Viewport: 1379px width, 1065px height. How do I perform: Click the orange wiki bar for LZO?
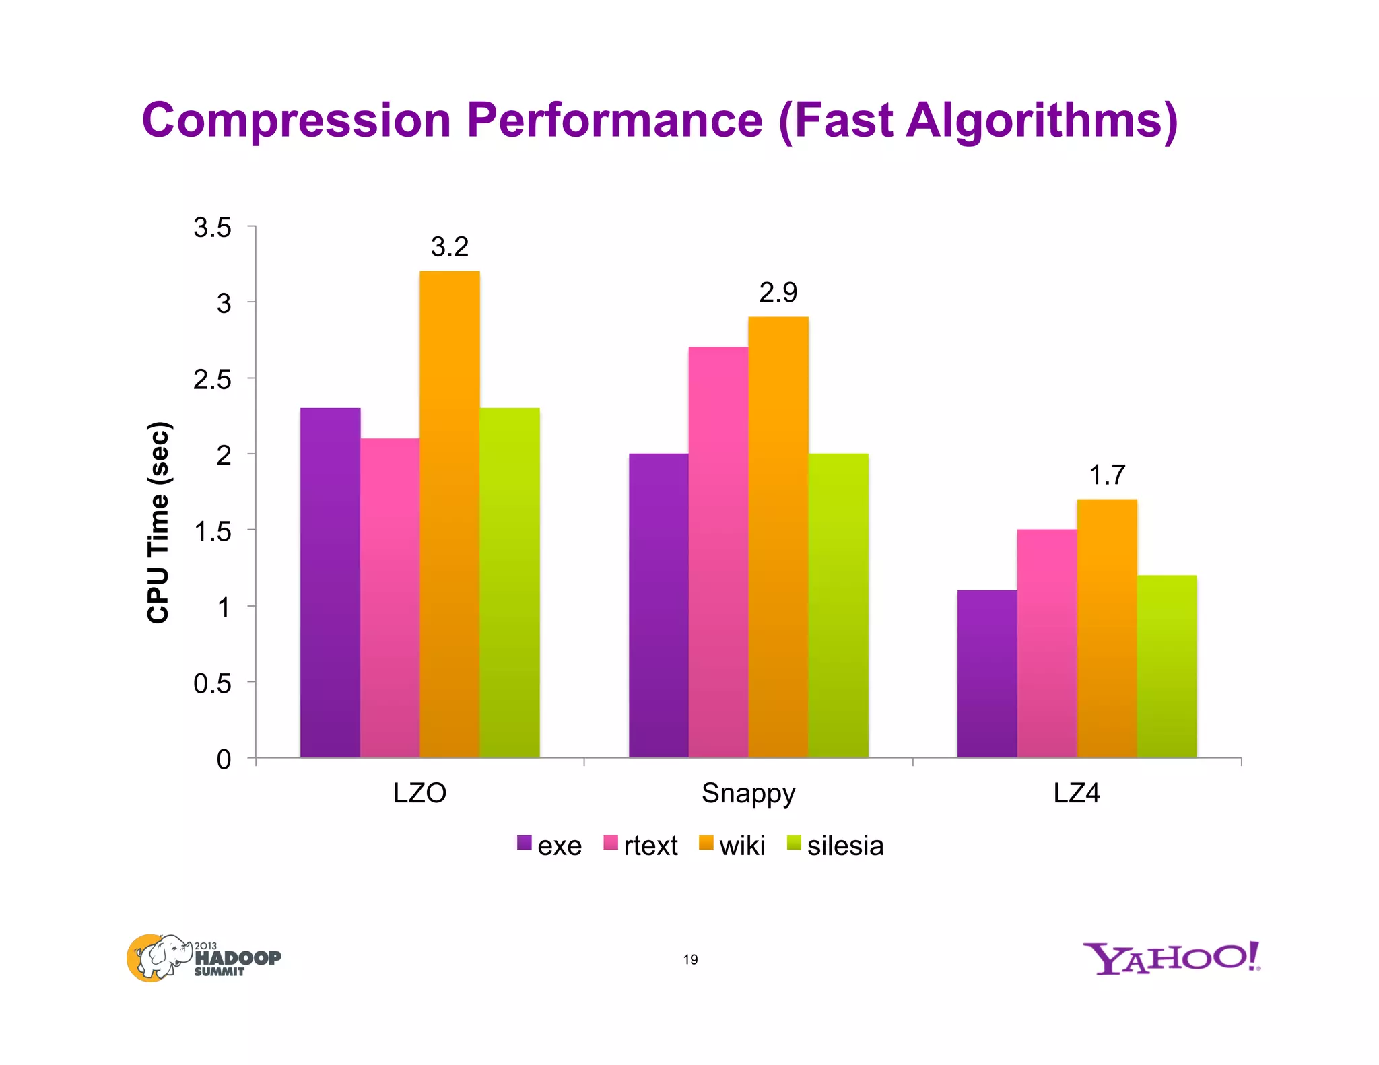[449, 515]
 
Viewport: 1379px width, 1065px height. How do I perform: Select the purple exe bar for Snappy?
[659, 606]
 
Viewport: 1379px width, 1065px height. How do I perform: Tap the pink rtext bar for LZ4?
[1046, 644]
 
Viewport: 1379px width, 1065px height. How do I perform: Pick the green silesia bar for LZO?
[509, 583]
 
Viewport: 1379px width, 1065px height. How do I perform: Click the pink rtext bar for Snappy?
[718, 552]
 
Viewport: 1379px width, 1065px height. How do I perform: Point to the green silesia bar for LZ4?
[1166, 666]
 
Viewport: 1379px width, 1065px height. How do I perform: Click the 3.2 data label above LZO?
[449, 247]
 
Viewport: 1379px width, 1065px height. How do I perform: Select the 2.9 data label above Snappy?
[778, 293]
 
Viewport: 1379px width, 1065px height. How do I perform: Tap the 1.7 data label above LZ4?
[1106, 475]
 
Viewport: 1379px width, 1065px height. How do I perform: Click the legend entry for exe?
[549, 845]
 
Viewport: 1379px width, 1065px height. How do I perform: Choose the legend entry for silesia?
[835, 845]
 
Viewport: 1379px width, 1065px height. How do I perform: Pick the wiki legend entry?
[732, 845]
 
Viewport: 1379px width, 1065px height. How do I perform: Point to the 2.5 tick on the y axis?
[212, 380]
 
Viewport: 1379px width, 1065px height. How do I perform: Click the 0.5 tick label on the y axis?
[212, 684]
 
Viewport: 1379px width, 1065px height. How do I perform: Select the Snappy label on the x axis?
[748, 793]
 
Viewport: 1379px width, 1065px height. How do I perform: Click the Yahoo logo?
[1171, 958]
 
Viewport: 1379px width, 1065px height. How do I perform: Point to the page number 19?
[690, 959]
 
